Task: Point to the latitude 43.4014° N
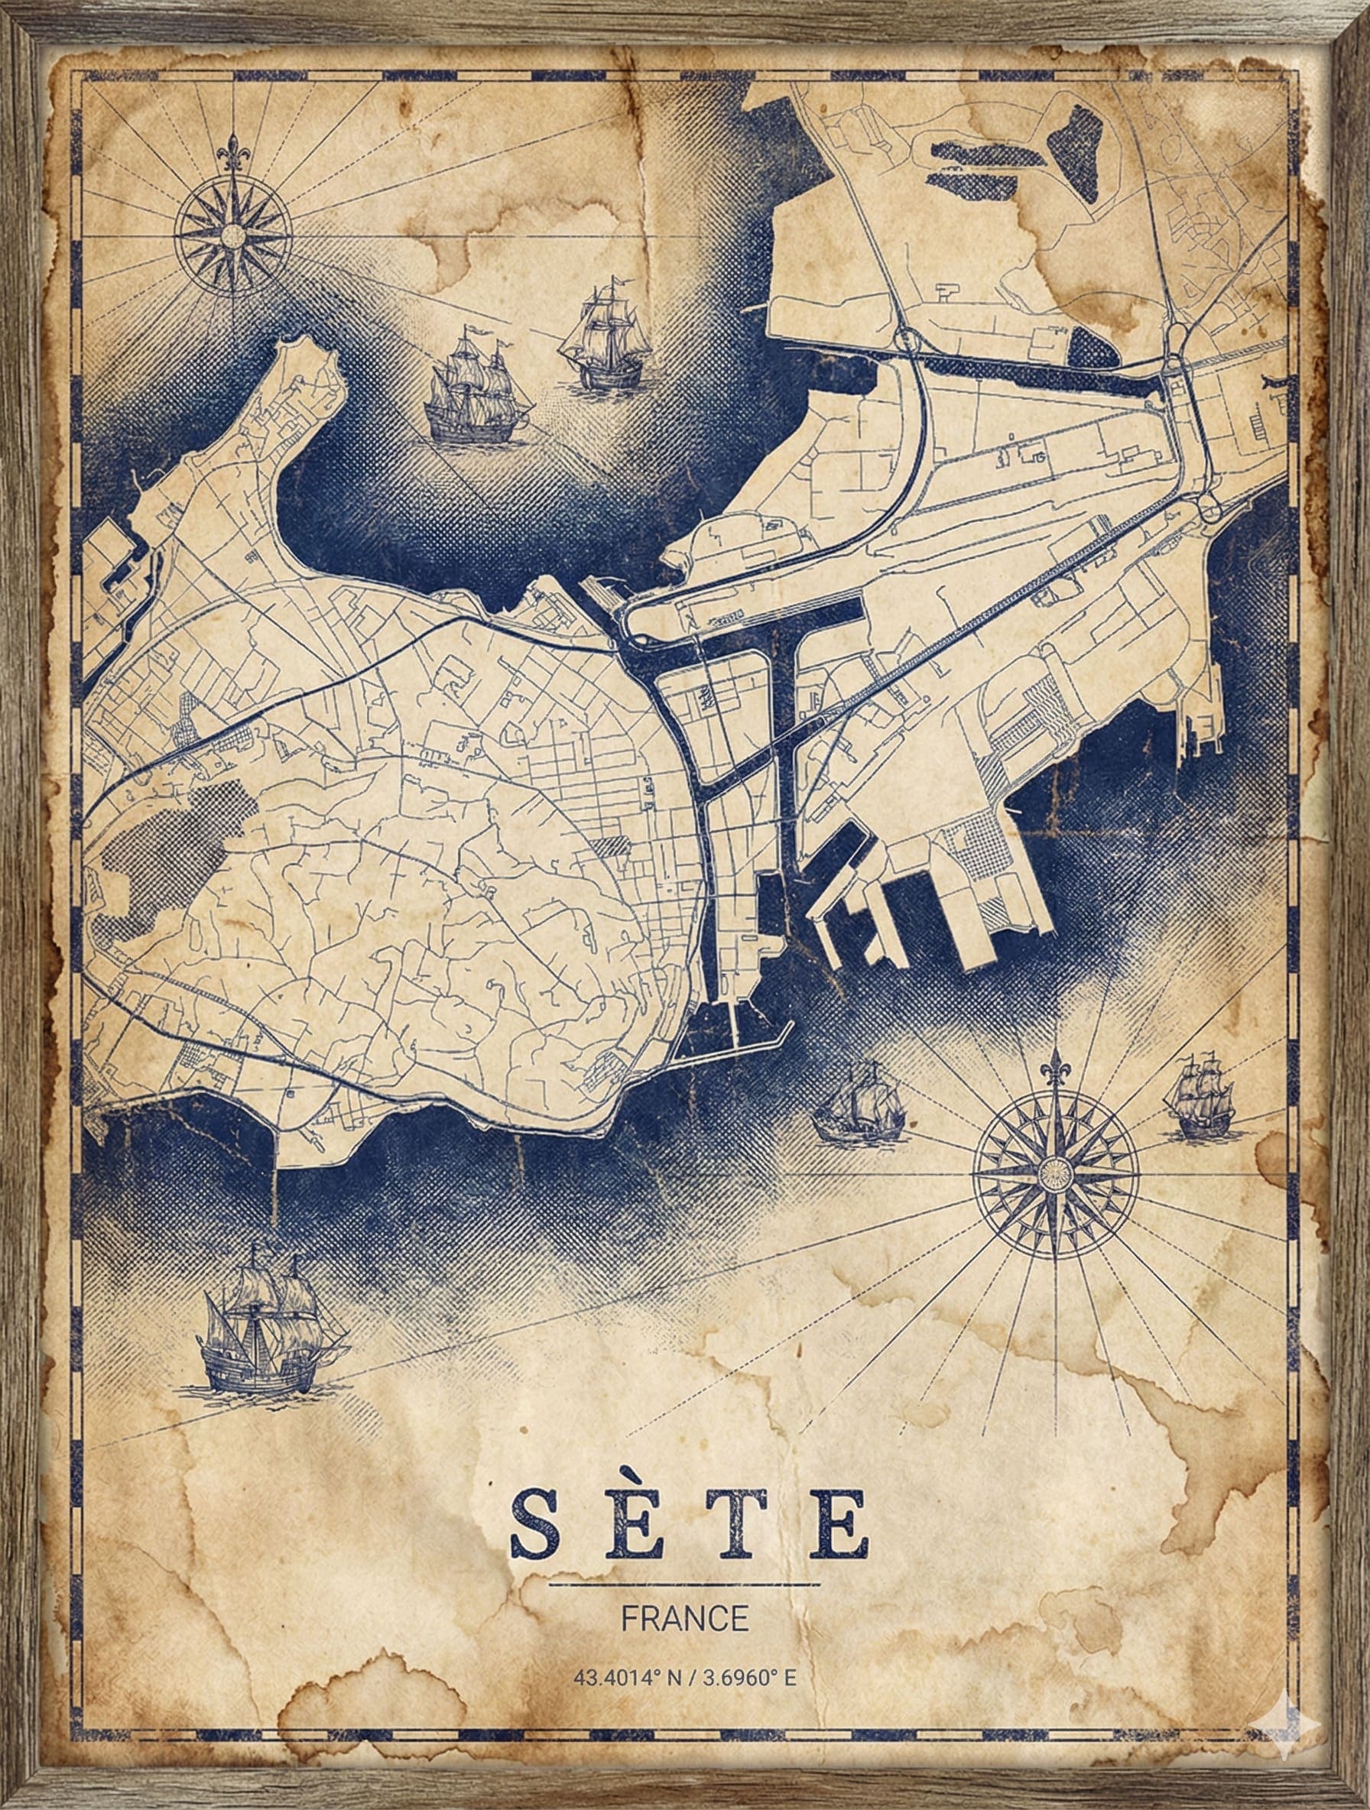tap(628, 1678)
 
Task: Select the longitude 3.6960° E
tap(750, 1678)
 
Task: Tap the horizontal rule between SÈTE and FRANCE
tap(685, 1583)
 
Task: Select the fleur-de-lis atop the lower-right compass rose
tap(1056, 1067)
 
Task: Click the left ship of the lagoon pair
tap(475, 388)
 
